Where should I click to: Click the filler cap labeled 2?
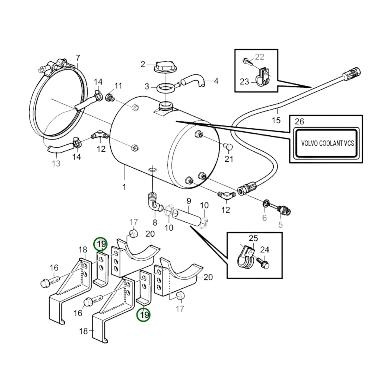pyautogui.click(x=165, y=67)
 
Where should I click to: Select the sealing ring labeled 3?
pyautogui.click(x=165, y=88)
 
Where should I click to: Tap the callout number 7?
pyautogui.click(x=78, y=58)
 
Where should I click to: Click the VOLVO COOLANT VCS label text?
pyautogui.click(x=327, y=143)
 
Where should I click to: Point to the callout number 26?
pyautogui.click(x=299, y=121)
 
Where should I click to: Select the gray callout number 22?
pyautogui.click(x=259, y=57)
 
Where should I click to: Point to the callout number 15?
pyautogui.click(x=276, y=120)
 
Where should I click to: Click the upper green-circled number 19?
pyautogui.click(x=101, y=244)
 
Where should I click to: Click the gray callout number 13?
pyautogui.click(x=56, y=164)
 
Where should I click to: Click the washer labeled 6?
pyautogui.click(x=266, y=203)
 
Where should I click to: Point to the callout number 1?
pyautogui.click(x=124, y=187)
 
